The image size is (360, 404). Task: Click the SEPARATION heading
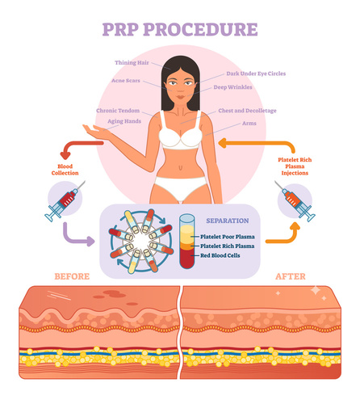tap(228, 220)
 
